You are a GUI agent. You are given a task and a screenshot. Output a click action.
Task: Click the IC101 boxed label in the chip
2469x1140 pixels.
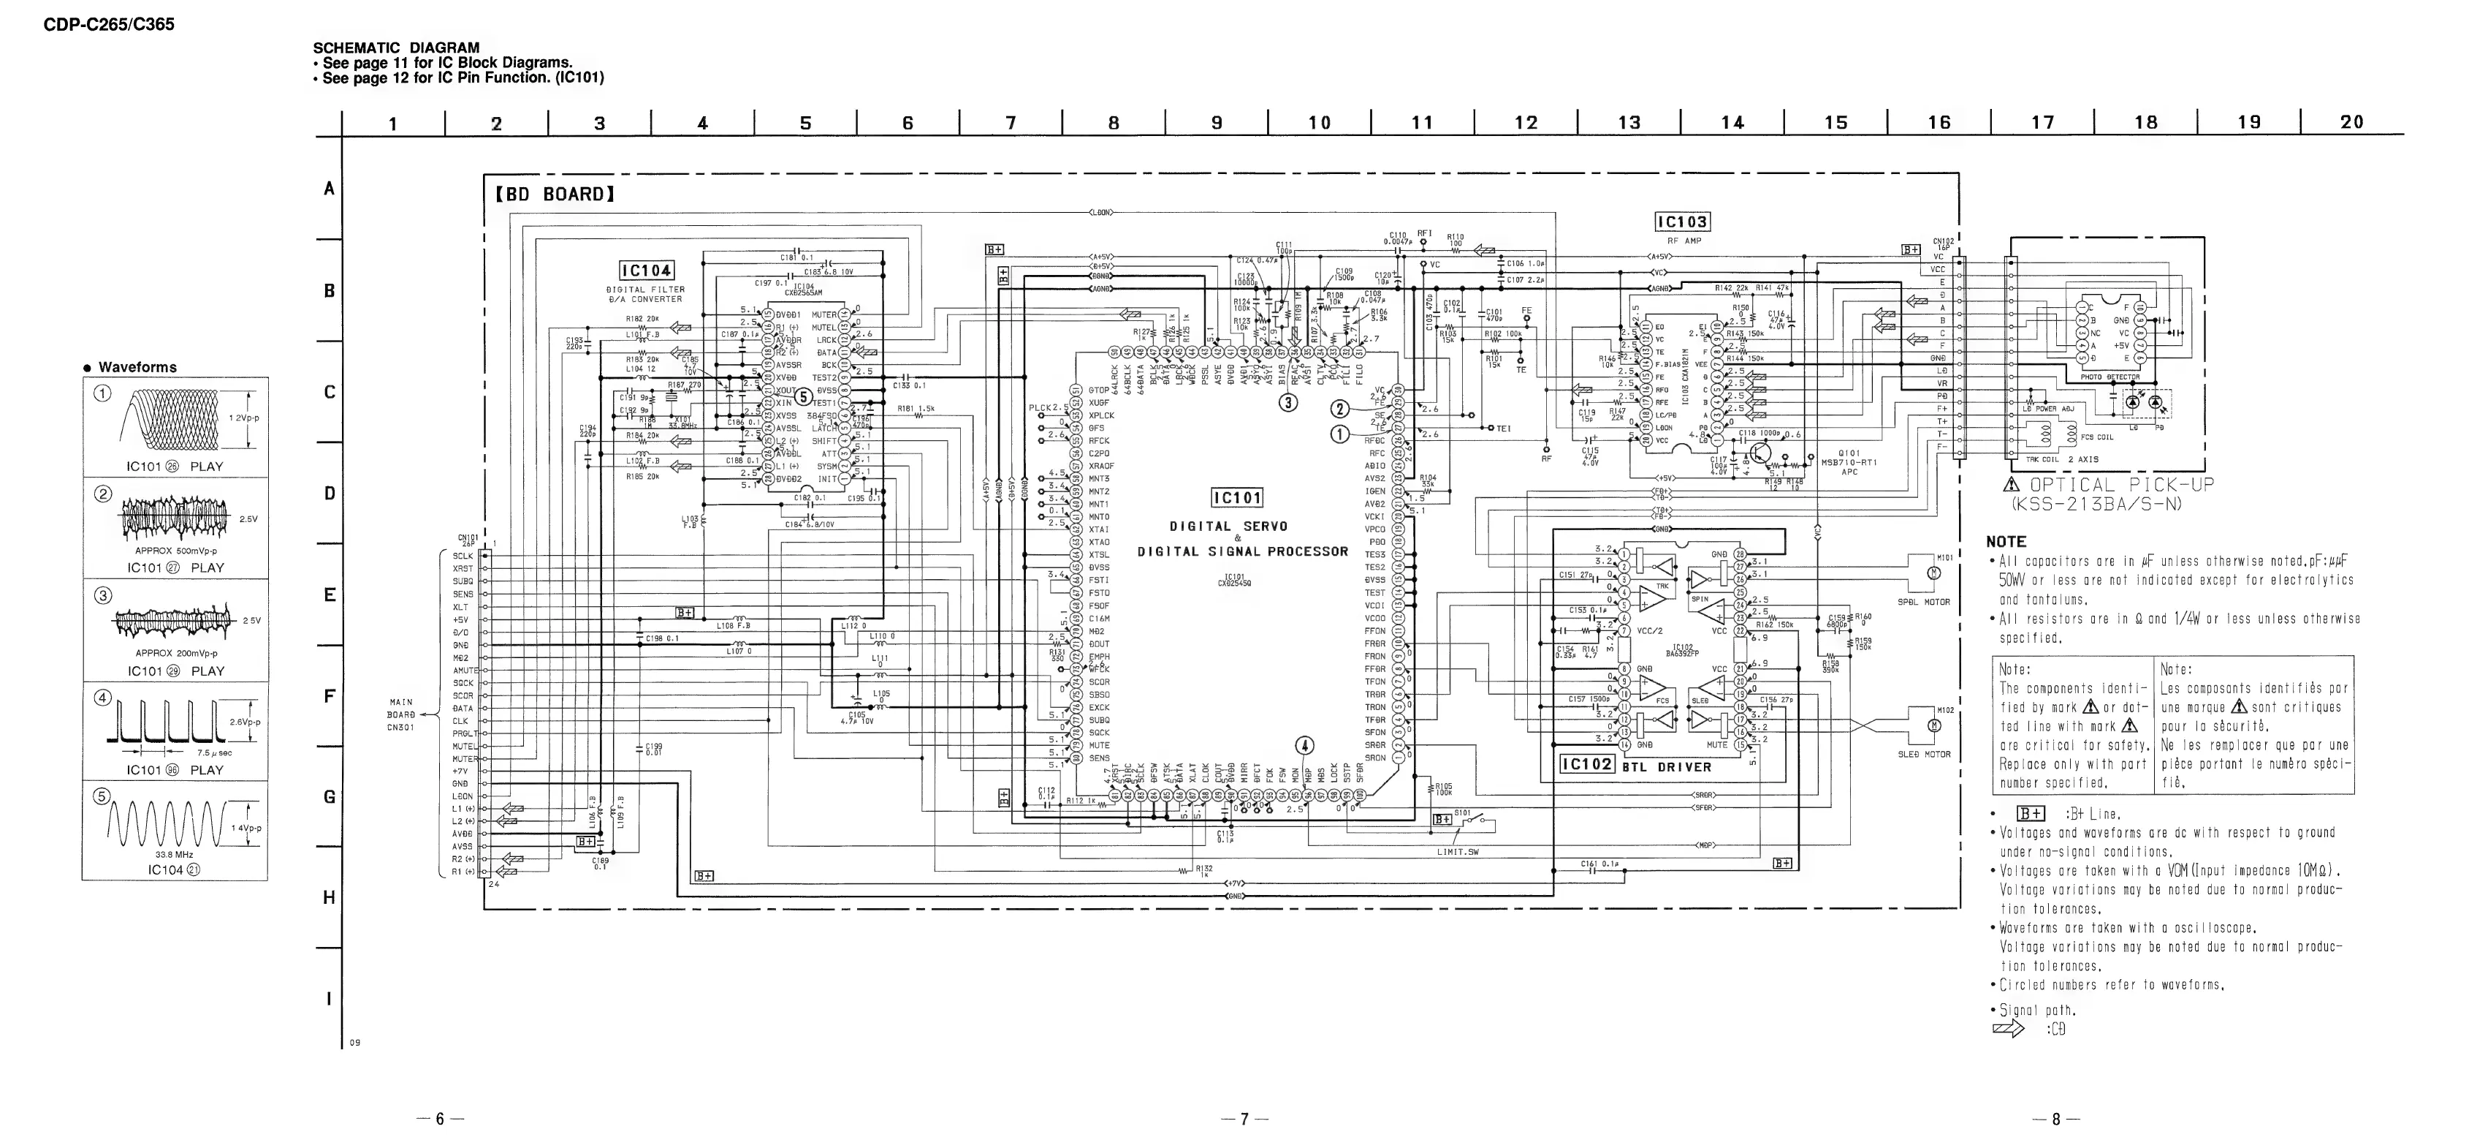[x=1237, y=498]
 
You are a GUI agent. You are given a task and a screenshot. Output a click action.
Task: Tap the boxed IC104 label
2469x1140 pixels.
[x=646, y=271]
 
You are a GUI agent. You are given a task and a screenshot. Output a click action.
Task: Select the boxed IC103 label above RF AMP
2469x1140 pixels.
[x=1682, y=222]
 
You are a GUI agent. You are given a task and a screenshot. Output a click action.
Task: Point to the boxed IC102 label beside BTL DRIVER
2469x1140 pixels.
[x=1587, y=765]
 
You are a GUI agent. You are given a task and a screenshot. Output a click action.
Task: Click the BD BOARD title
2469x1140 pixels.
[x=555, y=194]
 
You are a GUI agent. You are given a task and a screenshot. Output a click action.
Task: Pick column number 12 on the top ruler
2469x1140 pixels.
[x=1525, y=123]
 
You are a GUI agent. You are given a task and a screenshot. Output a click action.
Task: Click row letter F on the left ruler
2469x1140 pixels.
[x=329, y=696]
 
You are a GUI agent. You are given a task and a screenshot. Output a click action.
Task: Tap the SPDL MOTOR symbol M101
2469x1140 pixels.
[x=1933, y=573]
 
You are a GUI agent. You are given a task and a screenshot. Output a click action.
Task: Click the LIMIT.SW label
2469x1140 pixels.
[x=1458, y=851]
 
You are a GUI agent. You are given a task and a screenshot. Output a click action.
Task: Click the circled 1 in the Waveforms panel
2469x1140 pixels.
[x=102, y=393]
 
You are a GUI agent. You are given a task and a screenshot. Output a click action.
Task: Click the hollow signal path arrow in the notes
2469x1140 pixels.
[x=2008, y=1029]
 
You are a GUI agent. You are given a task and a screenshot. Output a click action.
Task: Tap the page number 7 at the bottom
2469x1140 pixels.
[x=1244, y=1119]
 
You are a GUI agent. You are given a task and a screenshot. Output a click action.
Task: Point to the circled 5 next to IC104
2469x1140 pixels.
[x=803, y=396]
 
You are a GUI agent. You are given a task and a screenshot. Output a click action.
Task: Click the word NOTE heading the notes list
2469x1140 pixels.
[x=2006, y=542]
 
